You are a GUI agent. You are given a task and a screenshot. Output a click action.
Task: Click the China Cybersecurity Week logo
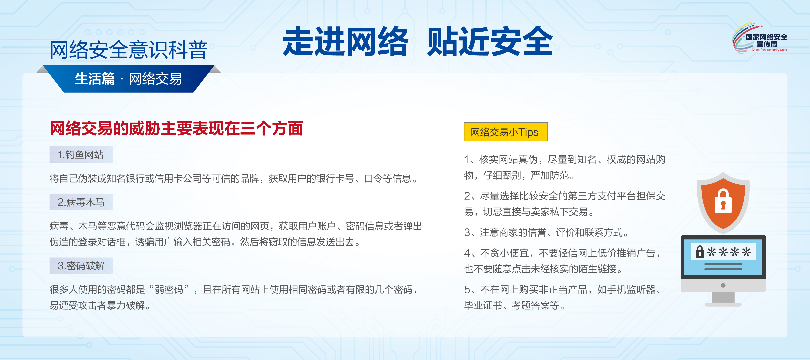pyautogui.click(x=760, y=38)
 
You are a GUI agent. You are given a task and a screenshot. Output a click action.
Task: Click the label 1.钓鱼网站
pyautogui.click(x=81, y=154)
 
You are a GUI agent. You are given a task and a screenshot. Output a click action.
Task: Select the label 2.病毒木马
pyautogui.click(x=81, y=202)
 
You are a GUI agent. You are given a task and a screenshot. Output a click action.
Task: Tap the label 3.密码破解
pyautogui.click(x=81, y=266)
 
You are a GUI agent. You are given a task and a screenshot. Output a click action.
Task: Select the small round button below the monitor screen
pyautogui.click(x=723, y=285)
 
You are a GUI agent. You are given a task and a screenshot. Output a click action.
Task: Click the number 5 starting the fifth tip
pyautogui.click(x=467, y=290)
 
